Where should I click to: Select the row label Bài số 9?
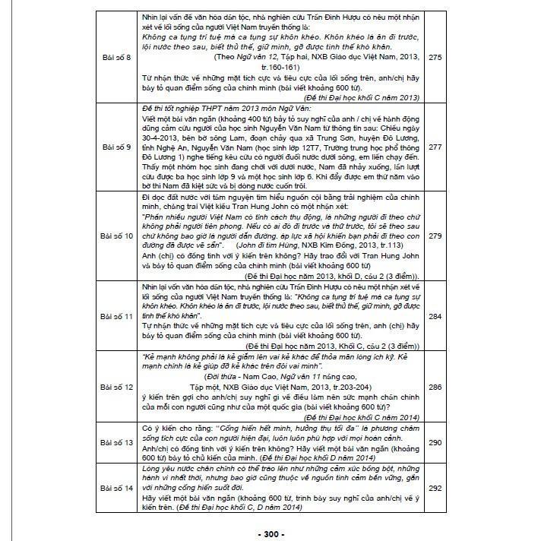click(x=116, y=147)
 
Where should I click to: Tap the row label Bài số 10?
click(x=116, y=236)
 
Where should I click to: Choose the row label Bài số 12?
click(x=116, y=388)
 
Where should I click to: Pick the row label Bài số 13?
click(x=116, y=441)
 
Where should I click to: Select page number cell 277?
click(x=435, y=147)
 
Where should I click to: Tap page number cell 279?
click(x=435, y=236)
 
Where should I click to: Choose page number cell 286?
click(x=435, y=388)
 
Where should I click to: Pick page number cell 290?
click(x=435, y=441)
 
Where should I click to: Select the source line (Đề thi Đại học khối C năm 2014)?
click(x=361, y=418)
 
